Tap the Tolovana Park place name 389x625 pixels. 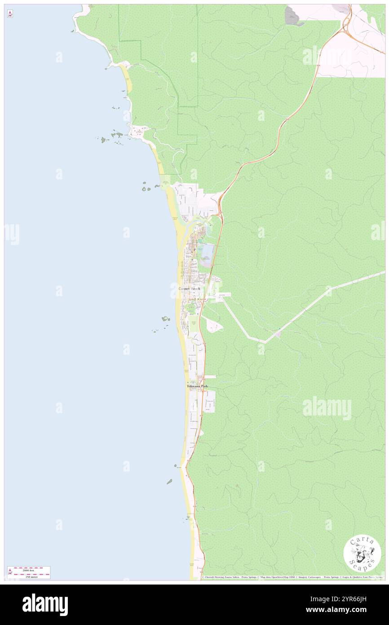(x=198, y=386)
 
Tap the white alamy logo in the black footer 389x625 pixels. (x=45, y=605)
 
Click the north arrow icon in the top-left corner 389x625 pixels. (x=10, y=13)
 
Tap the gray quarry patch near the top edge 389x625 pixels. (x=292, y=16)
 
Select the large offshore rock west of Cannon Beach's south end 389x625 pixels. (x=166, y=319)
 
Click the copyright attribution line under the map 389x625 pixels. (x=292, y=577)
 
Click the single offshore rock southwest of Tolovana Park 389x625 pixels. (x=169, y=482)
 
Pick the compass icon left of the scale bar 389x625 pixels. (x=10, y=572)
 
